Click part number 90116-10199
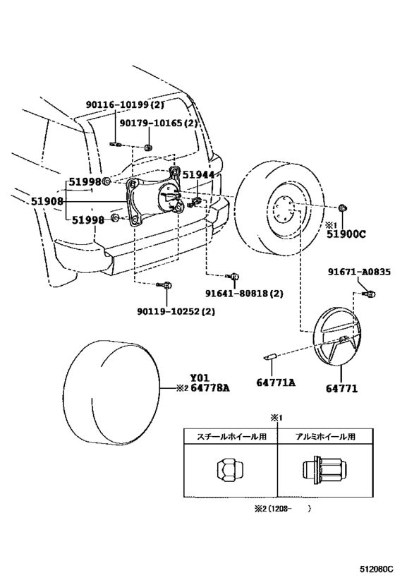(x=119, y=105)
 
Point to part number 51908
(x=47, y=200)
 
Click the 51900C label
(x=346, y=236)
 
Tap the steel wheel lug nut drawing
(x=229, y=469)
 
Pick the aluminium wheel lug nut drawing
(x=323, y=470)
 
